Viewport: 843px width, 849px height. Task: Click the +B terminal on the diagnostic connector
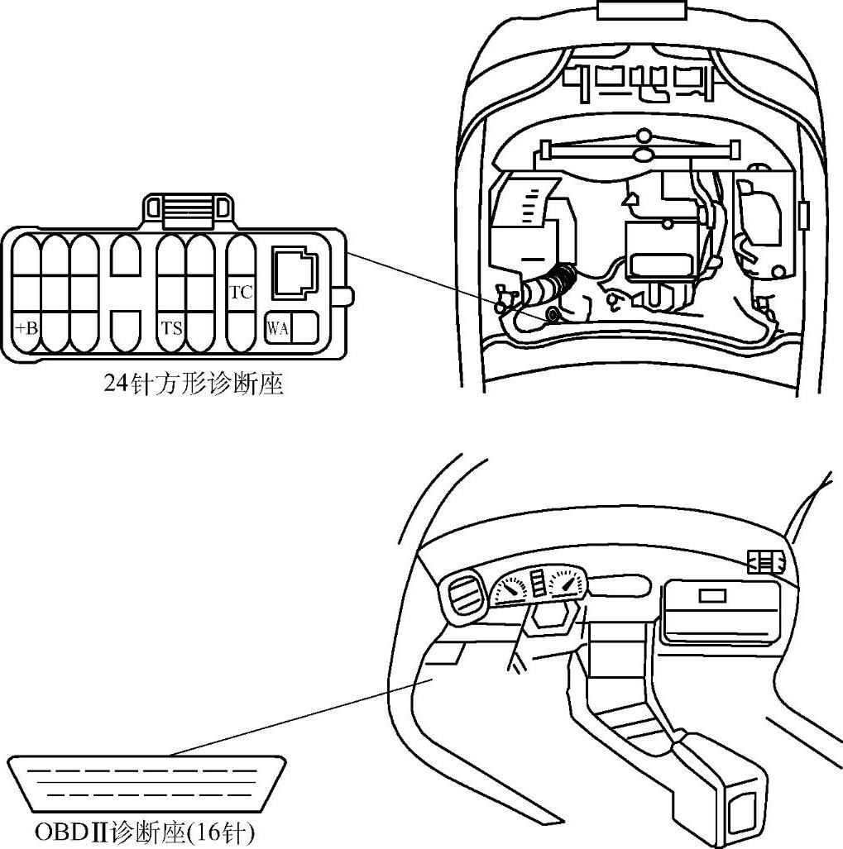(26, 328)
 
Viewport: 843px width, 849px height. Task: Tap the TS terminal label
(171, 328)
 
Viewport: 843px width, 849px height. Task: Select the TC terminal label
(240, 292)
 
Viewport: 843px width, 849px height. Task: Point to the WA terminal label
(277, 329)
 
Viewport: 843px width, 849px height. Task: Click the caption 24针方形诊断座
(194, 384)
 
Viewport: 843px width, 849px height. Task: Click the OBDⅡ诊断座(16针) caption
(145, 832)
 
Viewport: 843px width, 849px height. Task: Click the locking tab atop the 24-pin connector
(186, 210)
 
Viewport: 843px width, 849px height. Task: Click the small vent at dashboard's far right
(764, 562)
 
